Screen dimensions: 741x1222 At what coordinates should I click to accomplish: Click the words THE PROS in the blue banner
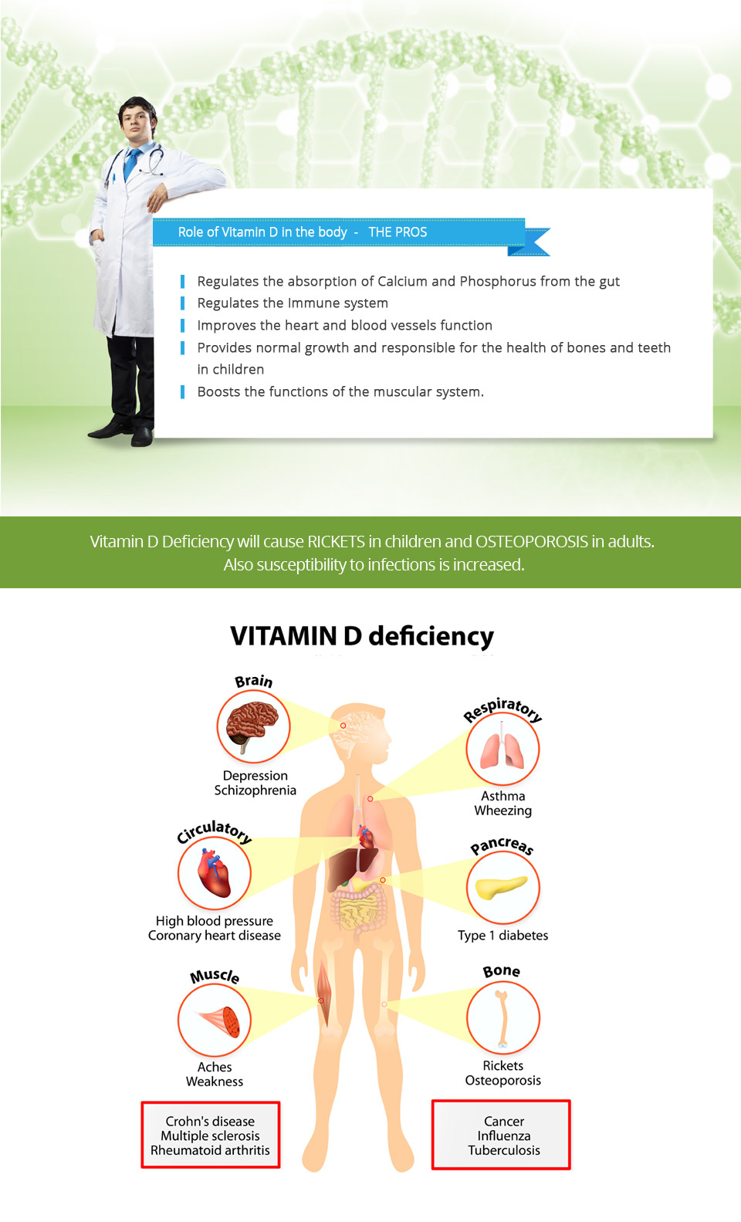pyautogui.click(x=398, y=232)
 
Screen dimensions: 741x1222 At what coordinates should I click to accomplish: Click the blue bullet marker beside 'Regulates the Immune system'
pyautogui.click(x=182, y=303)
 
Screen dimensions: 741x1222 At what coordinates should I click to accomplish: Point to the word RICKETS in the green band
pyautogui.click(x=336, y=541)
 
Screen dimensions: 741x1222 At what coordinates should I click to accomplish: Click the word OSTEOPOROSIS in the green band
pyautogui.click(x=532, y=541)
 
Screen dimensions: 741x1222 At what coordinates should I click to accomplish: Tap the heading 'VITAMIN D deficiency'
pyautogui.click(x=362, y=636)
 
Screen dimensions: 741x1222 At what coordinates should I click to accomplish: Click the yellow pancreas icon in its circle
pyautogui.click(x=502, y=888)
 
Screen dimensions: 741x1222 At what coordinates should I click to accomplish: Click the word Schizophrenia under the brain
pyautogui.click(x=255, y=790)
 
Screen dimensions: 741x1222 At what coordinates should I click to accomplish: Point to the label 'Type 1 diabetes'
pyautogui.click(x=502, y=935)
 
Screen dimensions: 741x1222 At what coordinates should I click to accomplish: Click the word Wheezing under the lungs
pyautogui.click(x=502, y=811)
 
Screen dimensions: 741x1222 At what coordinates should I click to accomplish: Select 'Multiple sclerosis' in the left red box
pyautogui.click(x=210, y=1136)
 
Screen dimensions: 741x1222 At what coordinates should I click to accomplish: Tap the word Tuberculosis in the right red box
pyautogui.click(x=503, y=1150)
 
